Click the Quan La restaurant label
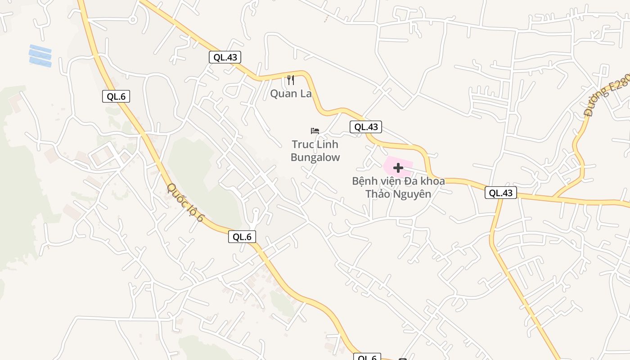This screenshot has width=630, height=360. point(291,94)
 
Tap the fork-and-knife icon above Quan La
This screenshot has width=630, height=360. point(291,80)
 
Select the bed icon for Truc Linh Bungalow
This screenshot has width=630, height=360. point(315,131)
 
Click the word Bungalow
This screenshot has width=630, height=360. point(315,157)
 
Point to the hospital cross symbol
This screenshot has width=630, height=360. point(398,168)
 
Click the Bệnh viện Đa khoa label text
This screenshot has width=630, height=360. point(398,181)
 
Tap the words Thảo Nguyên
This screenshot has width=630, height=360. point(398,194)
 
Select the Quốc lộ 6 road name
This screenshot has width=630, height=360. point(185,202)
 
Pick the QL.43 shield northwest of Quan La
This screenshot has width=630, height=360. point(225,57)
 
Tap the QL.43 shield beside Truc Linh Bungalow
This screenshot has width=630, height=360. point(366,127)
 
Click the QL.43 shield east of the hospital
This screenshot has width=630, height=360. point(501,193)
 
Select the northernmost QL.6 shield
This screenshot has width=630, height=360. point(116,96)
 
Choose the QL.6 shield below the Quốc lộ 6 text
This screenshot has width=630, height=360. point(242,237)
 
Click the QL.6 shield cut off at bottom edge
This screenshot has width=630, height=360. point(367,357)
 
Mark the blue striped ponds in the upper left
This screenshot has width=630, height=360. point(40,56)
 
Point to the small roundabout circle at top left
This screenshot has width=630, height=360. point(132,19)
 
